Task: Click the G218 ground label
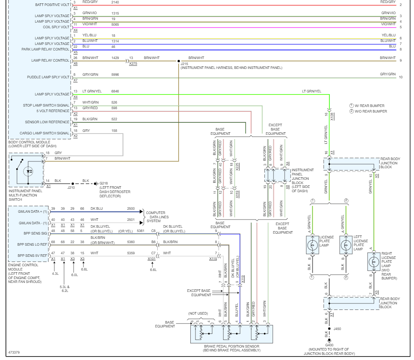point(104,183)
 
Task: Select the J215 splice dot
point(179,61)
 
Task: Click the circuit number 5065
point(115,24)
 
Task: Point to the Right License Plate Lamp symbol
point(374,262)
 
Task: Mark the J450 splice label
point(337,329)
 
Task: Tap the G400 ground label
point(329,345)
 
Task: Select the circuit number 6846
point(115,91)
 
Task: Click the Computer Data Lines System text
point(157,217)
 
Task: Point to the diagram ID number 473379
point(14,352)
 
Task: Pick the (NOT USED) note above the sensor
point(198,313)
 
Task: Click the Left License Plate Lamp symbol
point(346,245)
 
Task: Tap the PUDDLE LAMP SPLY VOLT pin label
point(48,77)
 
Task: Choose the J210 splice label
point(71,187)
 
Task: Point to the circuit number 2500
point(131,208)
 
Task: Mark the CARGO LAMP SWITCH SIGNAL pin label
point(45,133)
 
